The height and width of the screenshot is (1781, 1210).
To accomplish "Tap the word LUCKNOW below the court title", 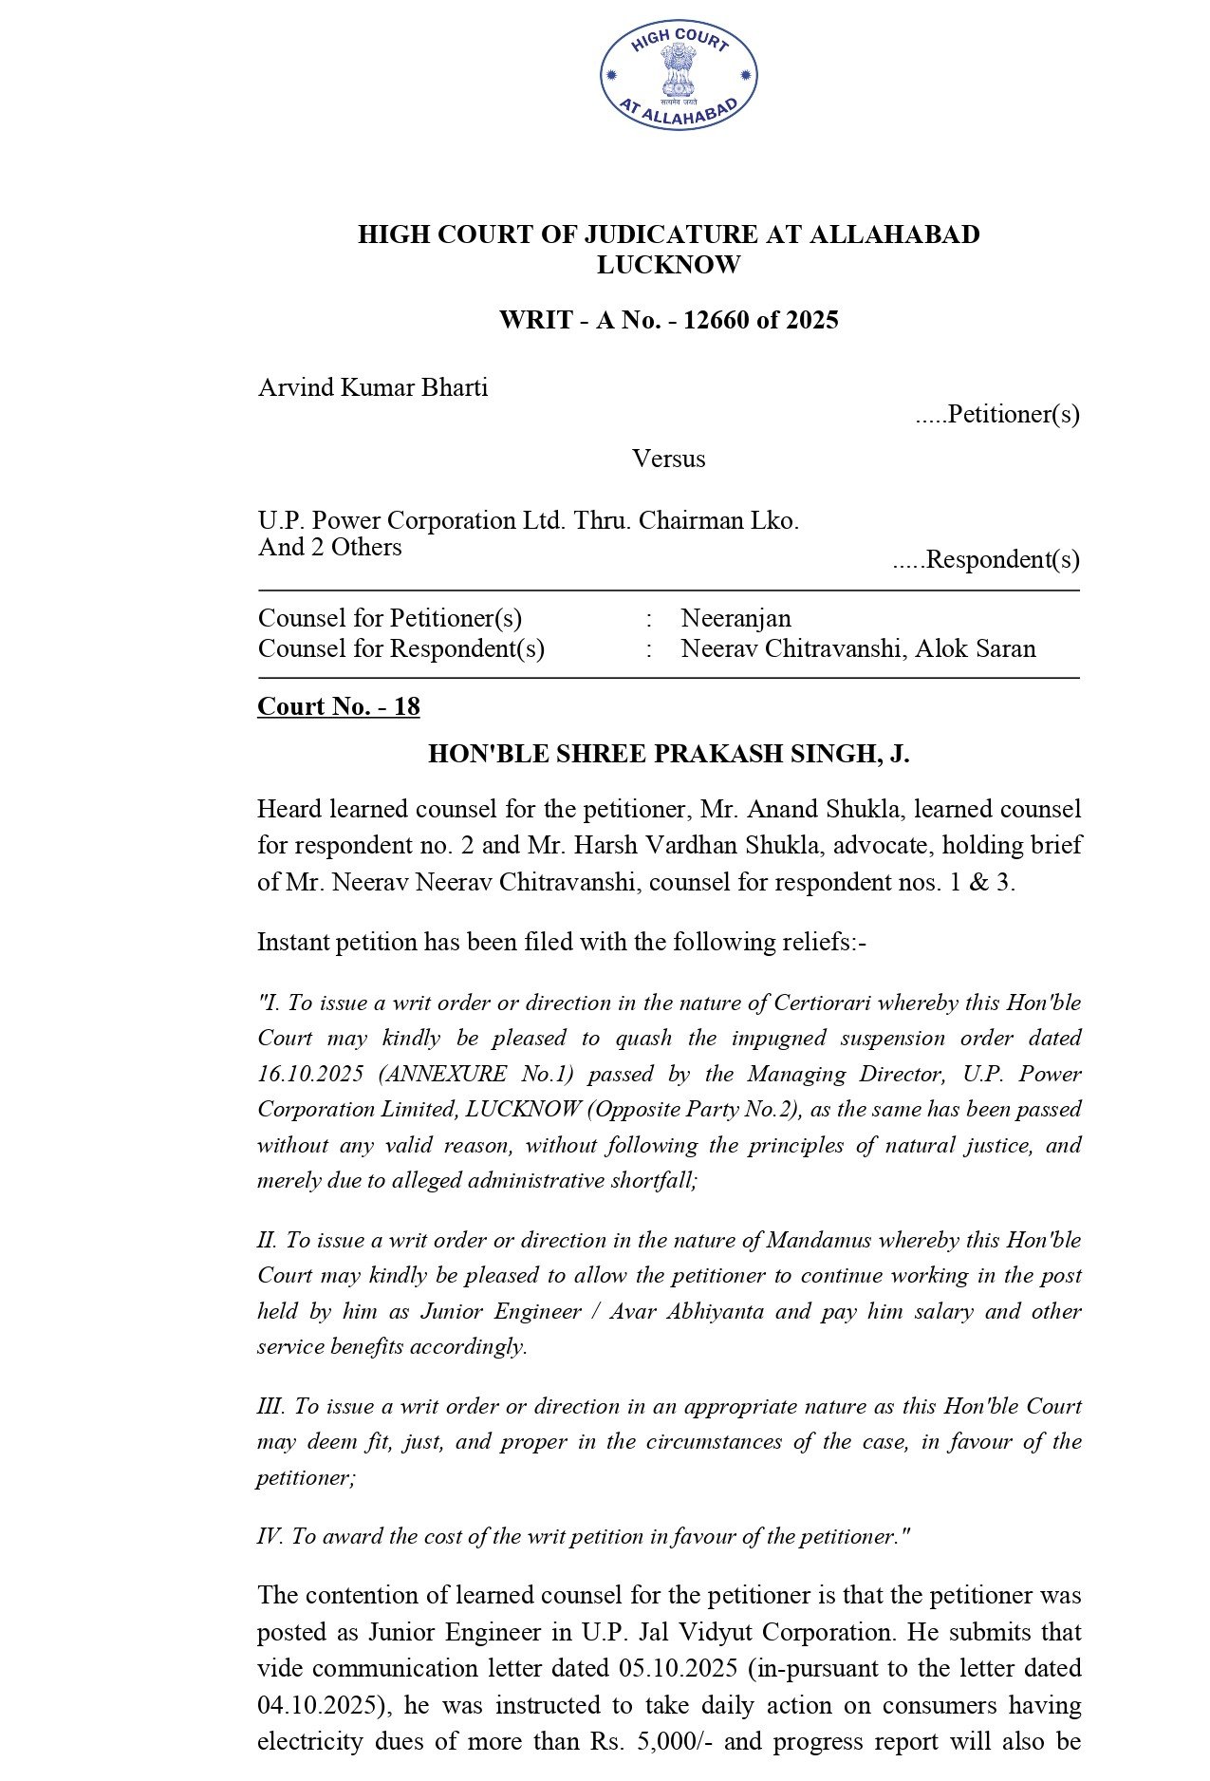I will pyautogui.click(x=668, y=265).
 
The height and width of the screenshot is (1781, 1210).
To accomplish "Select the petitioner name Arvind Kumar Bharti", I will pyautogui.click(x=373, y=387).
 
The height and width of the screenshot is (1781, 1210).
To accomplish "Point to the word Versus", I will pyautogui.click(x=668, y=459).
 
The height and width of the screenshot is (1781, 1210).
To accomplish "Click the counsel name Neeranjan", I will pyautogui.click(x=735, y=618).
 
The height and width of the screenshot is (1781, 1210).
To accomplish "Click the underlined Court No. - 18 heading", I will pyautogui.click(x=339, y=706).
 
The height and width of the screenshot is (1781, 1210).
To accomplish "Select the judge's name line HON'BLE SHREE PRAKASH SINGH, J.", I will pyautogui.click(x=668, y=754).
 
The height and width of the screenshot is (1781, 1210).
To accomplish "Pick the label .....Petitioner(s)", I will pyautogui.click(x=996, y=414).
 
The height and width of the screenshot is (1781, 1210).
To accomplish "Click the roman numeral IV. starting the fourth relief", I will pyautogui.click(x=270, y=1536).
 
